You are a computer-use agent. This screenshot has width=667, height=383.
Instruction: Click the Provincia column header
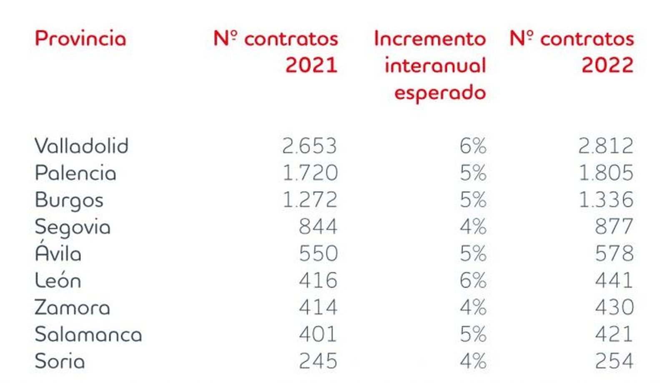(80, 38)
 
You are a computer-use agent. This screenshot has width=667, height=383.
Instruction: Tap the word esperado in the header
(440, 92)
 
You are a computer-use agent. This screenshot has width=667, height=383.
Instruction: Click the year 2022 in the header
(607, 65)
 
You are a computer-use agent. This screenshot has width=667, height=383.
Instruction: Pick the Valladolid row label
(81, 146)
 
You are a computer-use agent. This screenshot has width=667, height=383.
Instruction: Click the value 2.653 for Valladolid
(309, 146)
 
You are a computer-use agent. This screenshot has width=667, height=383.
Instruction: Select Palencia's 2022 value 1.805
(606, 173)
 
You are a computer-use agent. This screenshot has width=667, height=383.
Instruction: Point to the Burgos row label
(69, 200)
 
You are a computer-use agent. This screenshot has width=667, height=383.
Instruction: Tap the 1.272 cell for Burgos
(310, 200)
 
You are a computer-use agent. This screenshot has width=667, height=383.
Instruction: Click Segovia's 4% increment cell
(473, 227)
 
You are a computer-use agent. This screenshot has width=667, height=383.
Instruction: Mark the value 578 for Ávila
(614, 253)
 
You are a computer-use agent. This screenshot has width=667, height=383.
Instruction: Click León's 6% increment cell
(473, 280)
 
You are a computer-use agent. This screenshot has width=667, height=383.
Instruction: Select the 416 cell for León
(318, 280)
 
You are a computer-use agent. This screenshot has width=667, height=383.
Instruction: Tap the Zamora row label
(72, 308)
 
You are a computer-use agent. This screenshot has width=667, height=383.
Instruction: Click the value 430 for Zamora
(614, 308)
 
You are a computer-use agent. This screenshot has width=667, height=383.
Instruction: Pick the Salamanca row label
(88, 334)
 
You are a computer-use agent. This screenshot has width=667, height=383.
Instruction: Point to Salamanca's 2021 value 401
(318, 334)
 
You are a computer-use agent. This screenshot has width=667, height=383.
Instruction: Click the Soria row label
(60, 361)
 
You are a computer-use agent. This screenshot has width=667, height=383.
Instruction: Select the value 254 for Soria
(614, 361)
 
